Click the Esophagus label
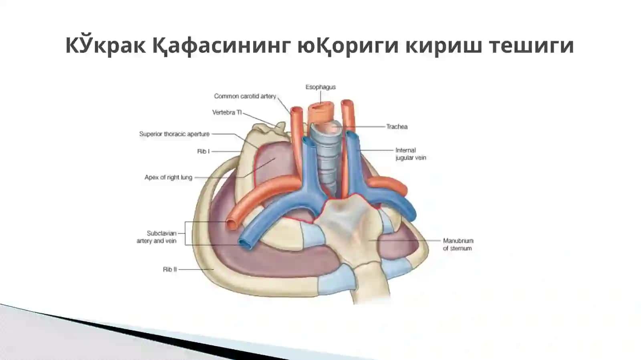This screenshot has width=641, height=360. tap(320, 87)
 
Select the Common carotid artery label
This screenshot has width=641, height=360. tap(245, 97)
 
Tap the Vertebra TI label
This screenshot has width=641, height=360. tap(227, 113)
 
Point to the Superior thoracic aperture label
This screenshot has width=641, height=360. tap(174, 134)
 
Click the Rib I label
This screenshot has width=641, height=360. tap(204, 151)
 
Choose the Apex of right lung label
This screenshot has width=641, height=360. tap(168, 177)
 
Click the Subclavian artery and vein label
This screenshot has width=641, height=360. tap(157, 237)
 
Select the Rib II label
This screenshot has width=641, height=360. tap(170, 269)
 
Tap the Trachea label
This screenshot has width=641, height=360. tap(397, 127)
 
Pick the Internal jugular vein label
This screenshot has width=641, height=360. tap(411, 154)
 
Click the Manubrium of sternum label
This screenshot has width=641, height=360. tap(458, 245)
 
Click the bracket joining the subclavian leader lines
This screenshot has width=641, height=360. tap(185, 233)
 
